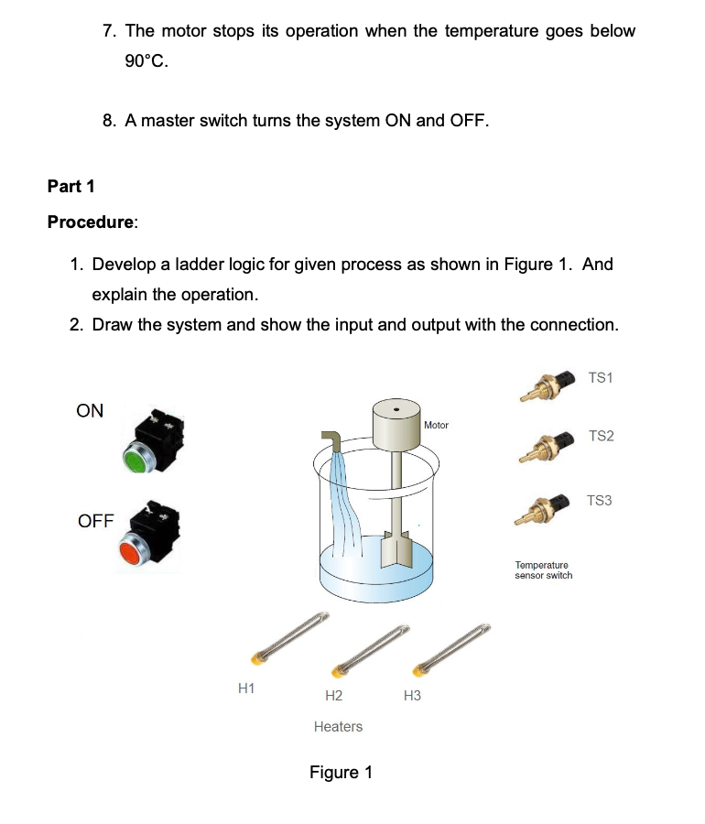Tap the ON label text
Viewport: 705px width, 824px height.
tap(90, 411)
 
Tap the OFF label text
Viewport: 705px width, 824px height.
tap(96, 521)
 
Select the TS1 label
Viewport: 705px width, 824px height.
tap(601, 377)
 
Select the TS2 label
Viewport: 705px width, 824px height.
tap(601, 436)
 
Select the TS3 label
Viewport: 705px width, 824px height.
tap(600, 500)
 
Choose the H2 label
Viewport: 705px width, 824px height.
tap(333, 696)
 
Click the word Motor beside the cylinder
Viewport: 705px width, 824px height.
tap(437, 425)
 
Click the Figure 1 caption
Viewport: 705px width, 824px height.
tap(341, 772)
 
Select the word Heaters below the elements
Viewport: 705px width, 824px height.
tap(338, 726)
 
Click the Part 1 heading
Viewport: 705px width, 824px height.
tap(71, 187)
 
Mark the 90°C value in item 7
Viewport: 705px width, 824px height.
tap(146, 62)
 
